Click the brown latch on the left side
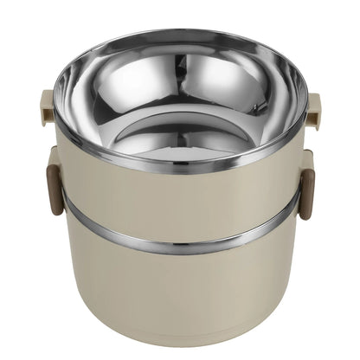point(55,189)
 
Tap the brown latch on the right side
point(306,193)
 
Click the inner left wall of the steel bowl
point(82,100)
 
